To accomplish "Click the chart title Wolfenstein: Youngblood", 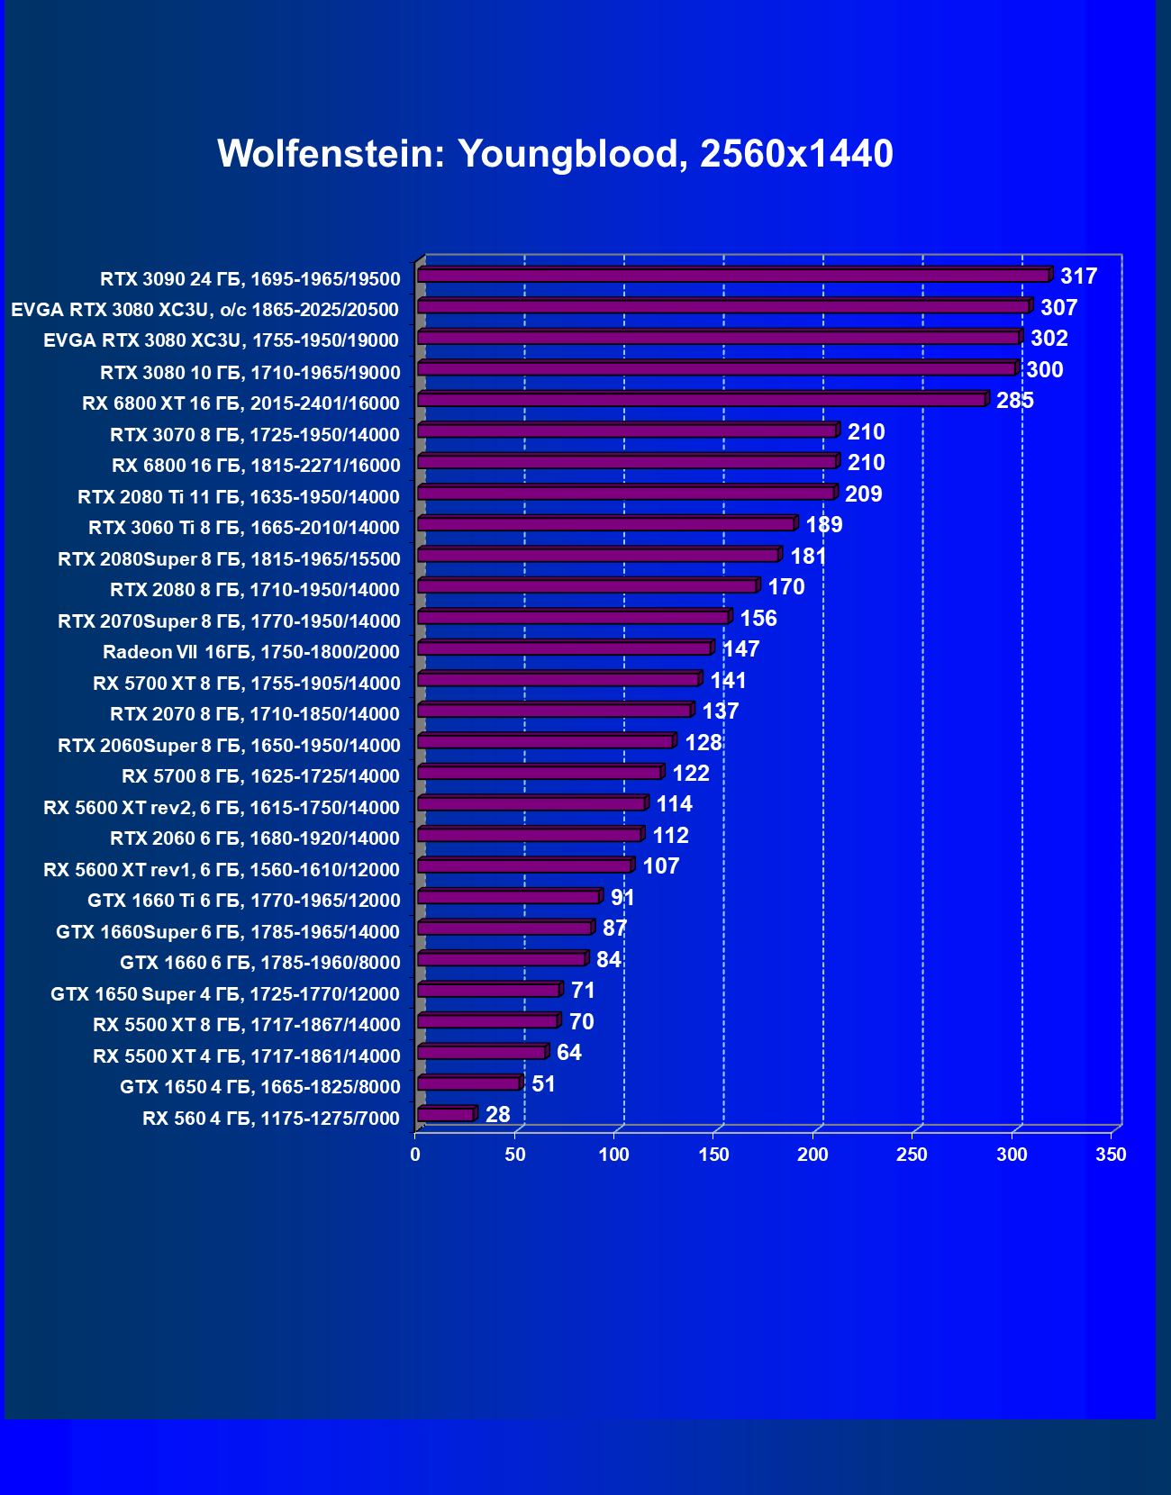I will tap(555, 154).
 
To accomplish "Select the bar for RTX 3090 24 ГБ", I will tap(733, 276).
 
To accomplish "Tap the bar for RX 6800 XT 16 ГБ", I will tap(702, 400).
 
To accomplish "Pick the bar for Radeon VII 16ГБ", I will tap(564, 648).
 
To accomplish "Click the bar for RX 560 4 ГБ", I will tap(446, 1115).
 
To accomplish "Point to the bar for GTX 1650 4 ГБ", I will tap(468, 1083).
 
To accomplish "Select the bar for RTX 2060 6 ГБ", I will tap(529, 835).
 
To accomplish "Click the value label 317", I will tap(1078, 276).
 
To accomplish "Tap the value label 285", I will tap(1014, 401).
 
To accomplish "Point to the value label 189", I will tap(823, 525).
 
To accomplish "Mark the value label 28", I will tap(497, 1115).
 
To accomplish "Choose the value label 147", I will tap(740, 649).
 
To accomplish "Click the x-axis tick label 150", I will tap(713, 1155).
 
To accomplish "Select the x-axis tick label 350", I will tap(1111, 1155).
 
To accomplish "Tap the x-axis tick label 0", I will tap(415, 1155).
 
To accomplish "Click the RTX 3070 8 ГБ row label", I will tap(254, 435).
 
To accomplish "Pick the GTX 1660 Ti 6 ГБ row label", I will tap(243, 901).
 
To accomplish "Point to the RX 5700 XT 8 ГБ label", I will tap(246, 684).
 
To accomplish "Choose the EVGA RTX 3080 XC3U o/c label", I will tap(204, 311).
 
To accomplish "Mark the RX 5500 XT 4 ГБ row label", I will tap(246, 1056).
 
